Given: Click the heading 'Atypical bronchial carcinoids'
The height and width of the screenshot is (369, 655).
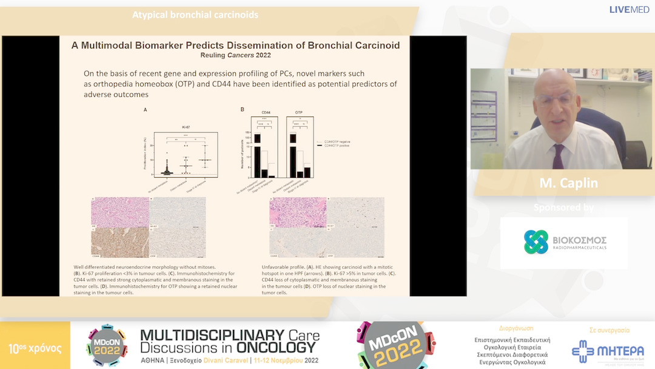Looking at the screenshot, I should [195, 15].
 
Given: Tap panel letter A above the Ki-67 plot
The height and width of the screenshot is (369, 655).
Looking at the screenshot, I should [146, 110].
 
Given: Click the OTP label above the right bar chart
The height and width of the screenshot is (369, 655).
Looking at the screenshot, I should [299, 112].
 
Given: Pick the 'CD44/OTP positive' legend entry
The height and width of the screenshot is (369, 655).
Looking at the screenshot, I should [338, 146].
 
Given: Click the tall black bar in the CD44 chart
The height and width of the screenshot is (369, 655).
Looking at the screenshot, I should [257, 155].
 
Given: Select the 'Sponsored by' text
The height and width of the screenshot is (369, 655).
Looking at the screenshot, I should [564, 208].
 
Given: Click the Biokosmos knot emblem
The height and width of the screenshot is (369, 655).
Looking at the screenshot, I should [536, 242].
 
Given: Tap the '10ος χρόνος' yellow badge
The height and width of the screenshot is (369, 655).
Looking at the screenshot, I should [35, 348].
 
